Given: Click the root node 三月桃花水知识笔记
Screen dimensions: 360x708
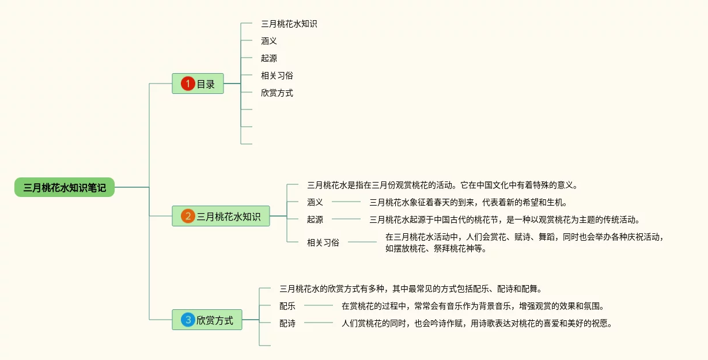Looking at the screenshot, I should pos(65,187).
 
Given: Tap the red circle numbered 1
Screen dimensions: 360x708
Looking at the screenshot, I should pos(188,84).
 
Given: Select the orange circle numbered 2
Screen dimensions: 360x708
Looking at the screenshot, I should pos(188,216).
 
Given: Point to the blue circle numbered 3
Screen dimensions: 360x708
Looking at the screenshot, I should pos(188,320).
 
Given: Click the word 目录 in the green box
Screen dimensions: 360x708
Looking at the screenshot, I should pos(206,84).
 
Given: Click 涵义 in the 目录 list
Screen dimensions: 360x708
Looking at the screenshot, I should pos(269,41).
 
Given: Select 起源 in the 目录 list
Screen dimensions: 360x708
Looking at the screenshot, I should pos(269,58).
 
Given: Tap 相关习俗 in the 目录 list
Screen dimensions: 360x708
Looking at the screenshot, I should pos(277,75).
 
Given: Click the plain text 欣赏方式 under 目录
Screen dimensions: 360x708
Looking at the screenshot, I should pos(277,93).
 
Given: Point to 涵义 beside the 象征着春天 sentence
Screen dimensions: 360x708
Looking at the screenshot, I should pos(315,202).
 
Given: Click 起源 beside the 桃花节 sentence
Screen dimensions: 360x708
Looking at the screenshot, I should pos(315,219).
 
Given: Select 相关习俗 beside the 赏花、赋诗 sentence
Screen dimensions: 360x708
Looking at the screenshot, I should pos(323,242).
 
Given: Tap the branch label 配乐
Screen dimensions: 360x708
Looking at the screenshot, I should pos(287,306).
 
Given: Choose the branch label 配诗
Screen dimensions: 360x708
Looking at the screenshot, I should pos(287,323).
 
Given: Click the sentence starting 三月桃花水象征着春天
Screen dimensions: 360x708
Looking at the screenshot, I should pos(468,202).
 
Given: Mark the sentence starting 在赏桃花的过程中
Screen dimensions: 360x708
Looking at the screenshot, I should pos(472,306).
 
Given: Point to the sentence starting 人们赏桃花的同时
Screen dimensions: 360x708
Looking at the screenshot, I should pos(476,323).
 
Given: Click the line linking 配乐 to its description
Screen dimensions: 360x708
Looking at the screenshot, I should pos(319,305).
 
